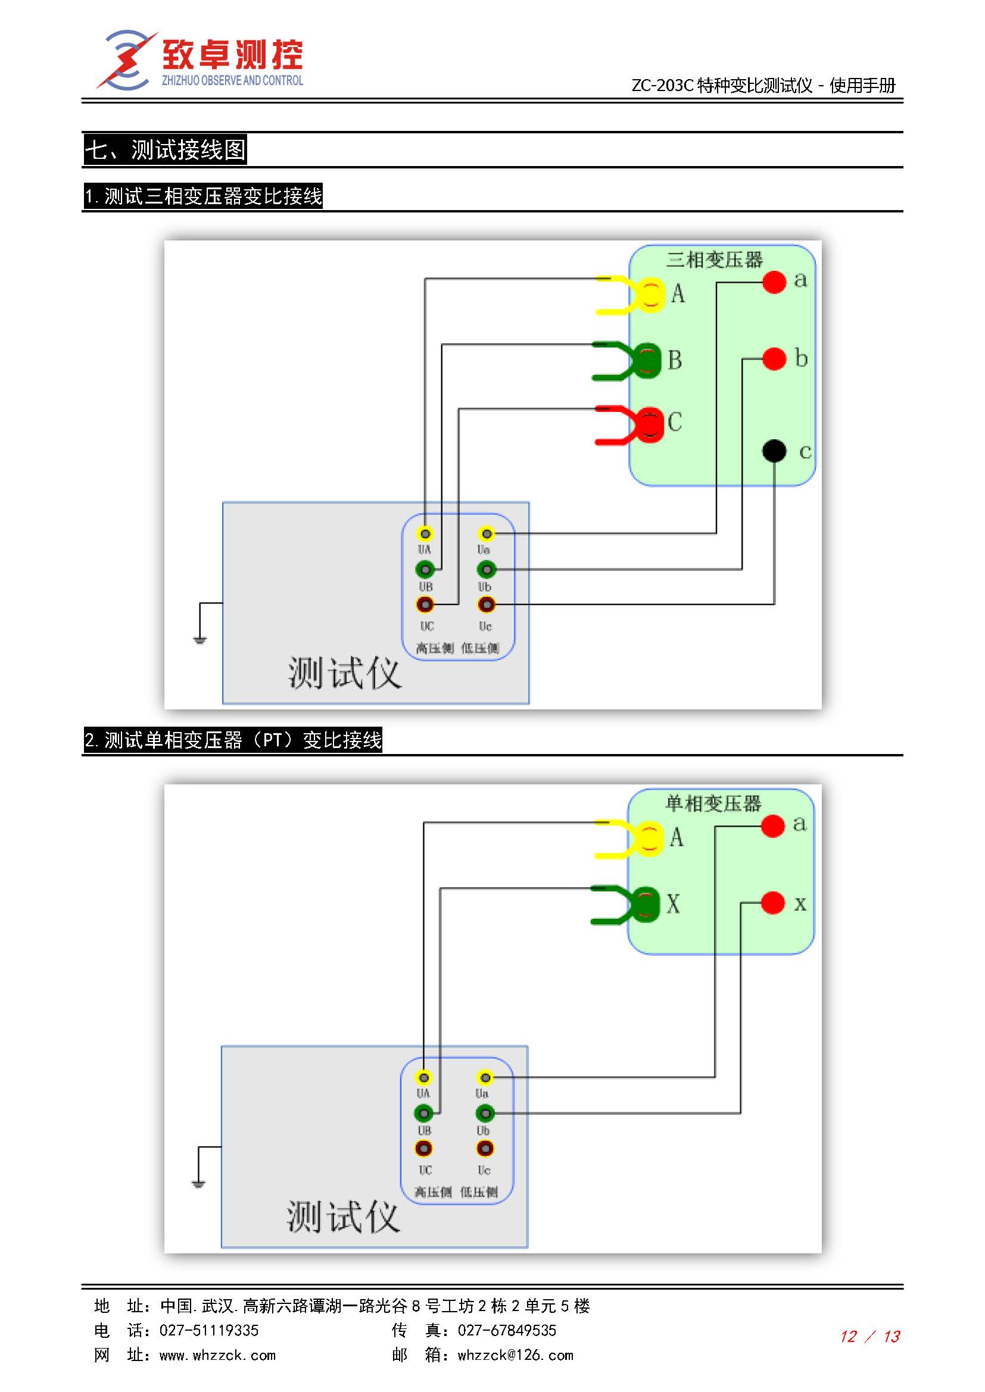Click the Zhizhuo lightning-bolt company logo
[126, 60]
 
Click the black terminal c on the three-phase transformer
[774, 451]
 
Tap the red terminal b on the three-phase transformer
[774, 358]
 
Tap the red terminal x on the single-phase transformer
[772, 902]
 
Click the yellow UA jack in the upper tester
[425, 534]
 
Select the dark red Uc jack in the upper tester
[487, 605]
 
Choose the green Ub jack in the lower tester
[485, 1113]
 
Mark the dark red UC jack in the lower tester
[423, 1148]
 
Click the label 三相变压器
[714, 260]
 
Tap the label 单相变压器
[713, 804]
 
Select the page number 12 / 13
[869, 1336]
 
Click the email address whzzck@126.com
[515, 1355]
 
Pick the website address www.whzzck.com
[217, 1355]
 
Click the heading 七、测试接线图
[165, 150]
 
